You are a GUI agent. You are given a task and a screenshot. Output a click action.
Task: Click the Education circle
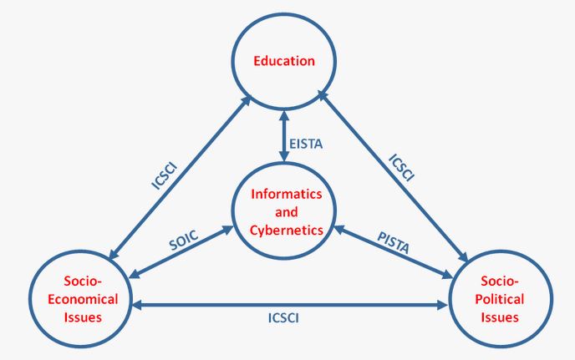point(285,60)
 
